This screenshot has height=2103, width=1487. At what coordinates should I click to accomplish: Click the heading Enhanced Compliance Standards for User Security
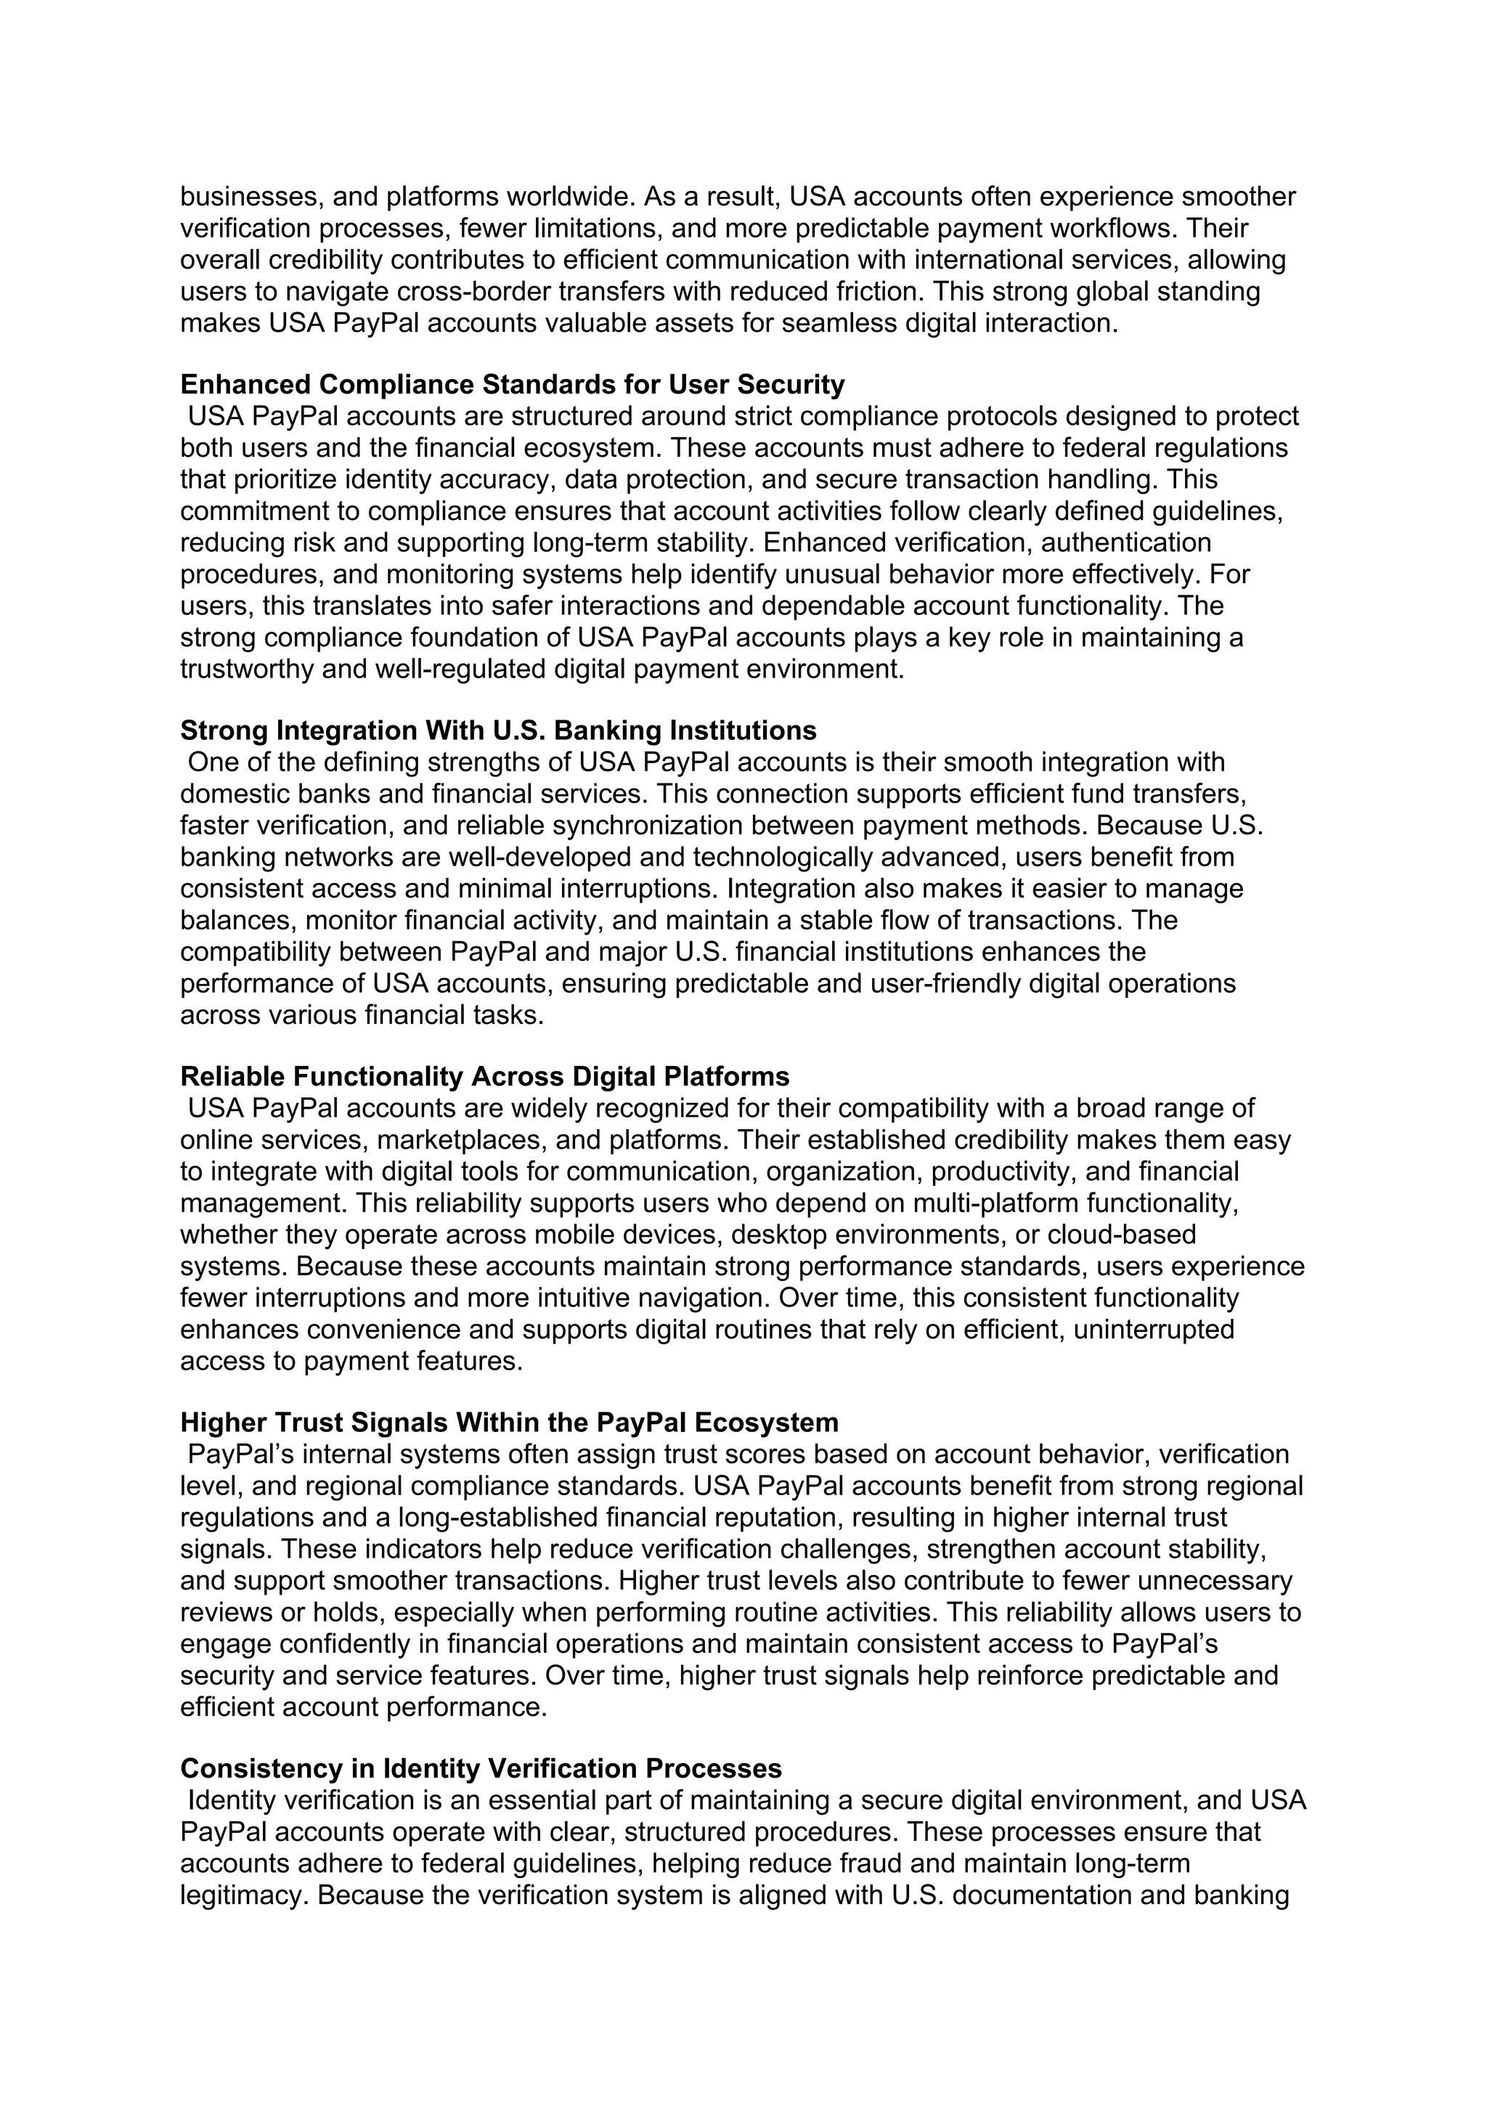coord(512,385)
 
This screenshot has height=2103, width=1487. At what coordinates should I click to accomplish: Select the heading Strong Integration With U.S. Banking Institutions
coord(498,731)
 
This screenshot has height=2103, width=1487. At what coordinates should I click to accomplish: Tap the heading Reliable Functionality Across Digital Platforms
coord(484,1076)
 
